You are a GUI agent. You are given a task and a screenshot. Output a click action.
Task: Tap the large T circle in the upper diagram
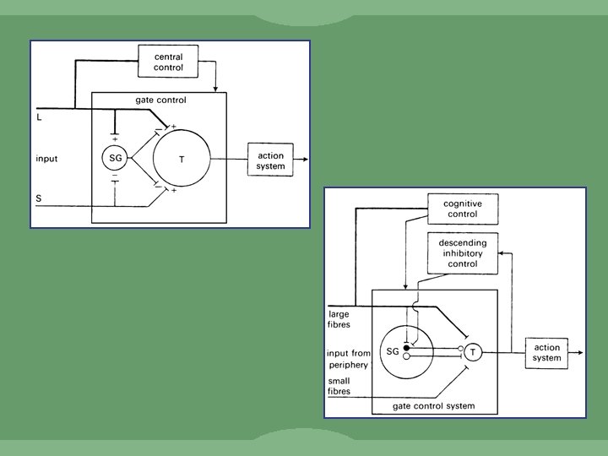click(x=181, y=159)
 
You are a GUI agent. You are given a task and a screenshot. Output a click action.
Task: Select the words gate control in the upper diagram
click(x=160, y=100)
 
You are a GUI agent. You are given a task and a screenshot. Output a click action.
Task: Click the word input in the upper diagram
click(x=46, y=158)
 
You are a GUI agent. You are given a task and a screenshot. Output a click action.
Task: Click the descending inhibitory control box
click(x=462, y=253)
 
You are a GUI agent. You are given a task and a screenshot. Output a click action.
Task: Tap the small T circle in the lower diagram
click(x=473, y=351)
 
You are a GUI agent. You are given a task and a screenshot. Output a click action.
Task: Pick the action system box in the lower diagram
click(x=547, y=352)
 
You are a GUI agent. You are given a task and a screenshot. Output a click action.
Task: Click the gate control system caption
click(x=433, y=406)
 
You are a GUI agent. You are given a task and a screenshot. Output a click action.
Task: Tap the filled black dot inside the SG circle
click(x=407, y=347)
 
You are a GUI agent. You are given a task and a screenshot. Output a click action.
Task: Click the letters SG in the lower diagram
click(x=392, y=351)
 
